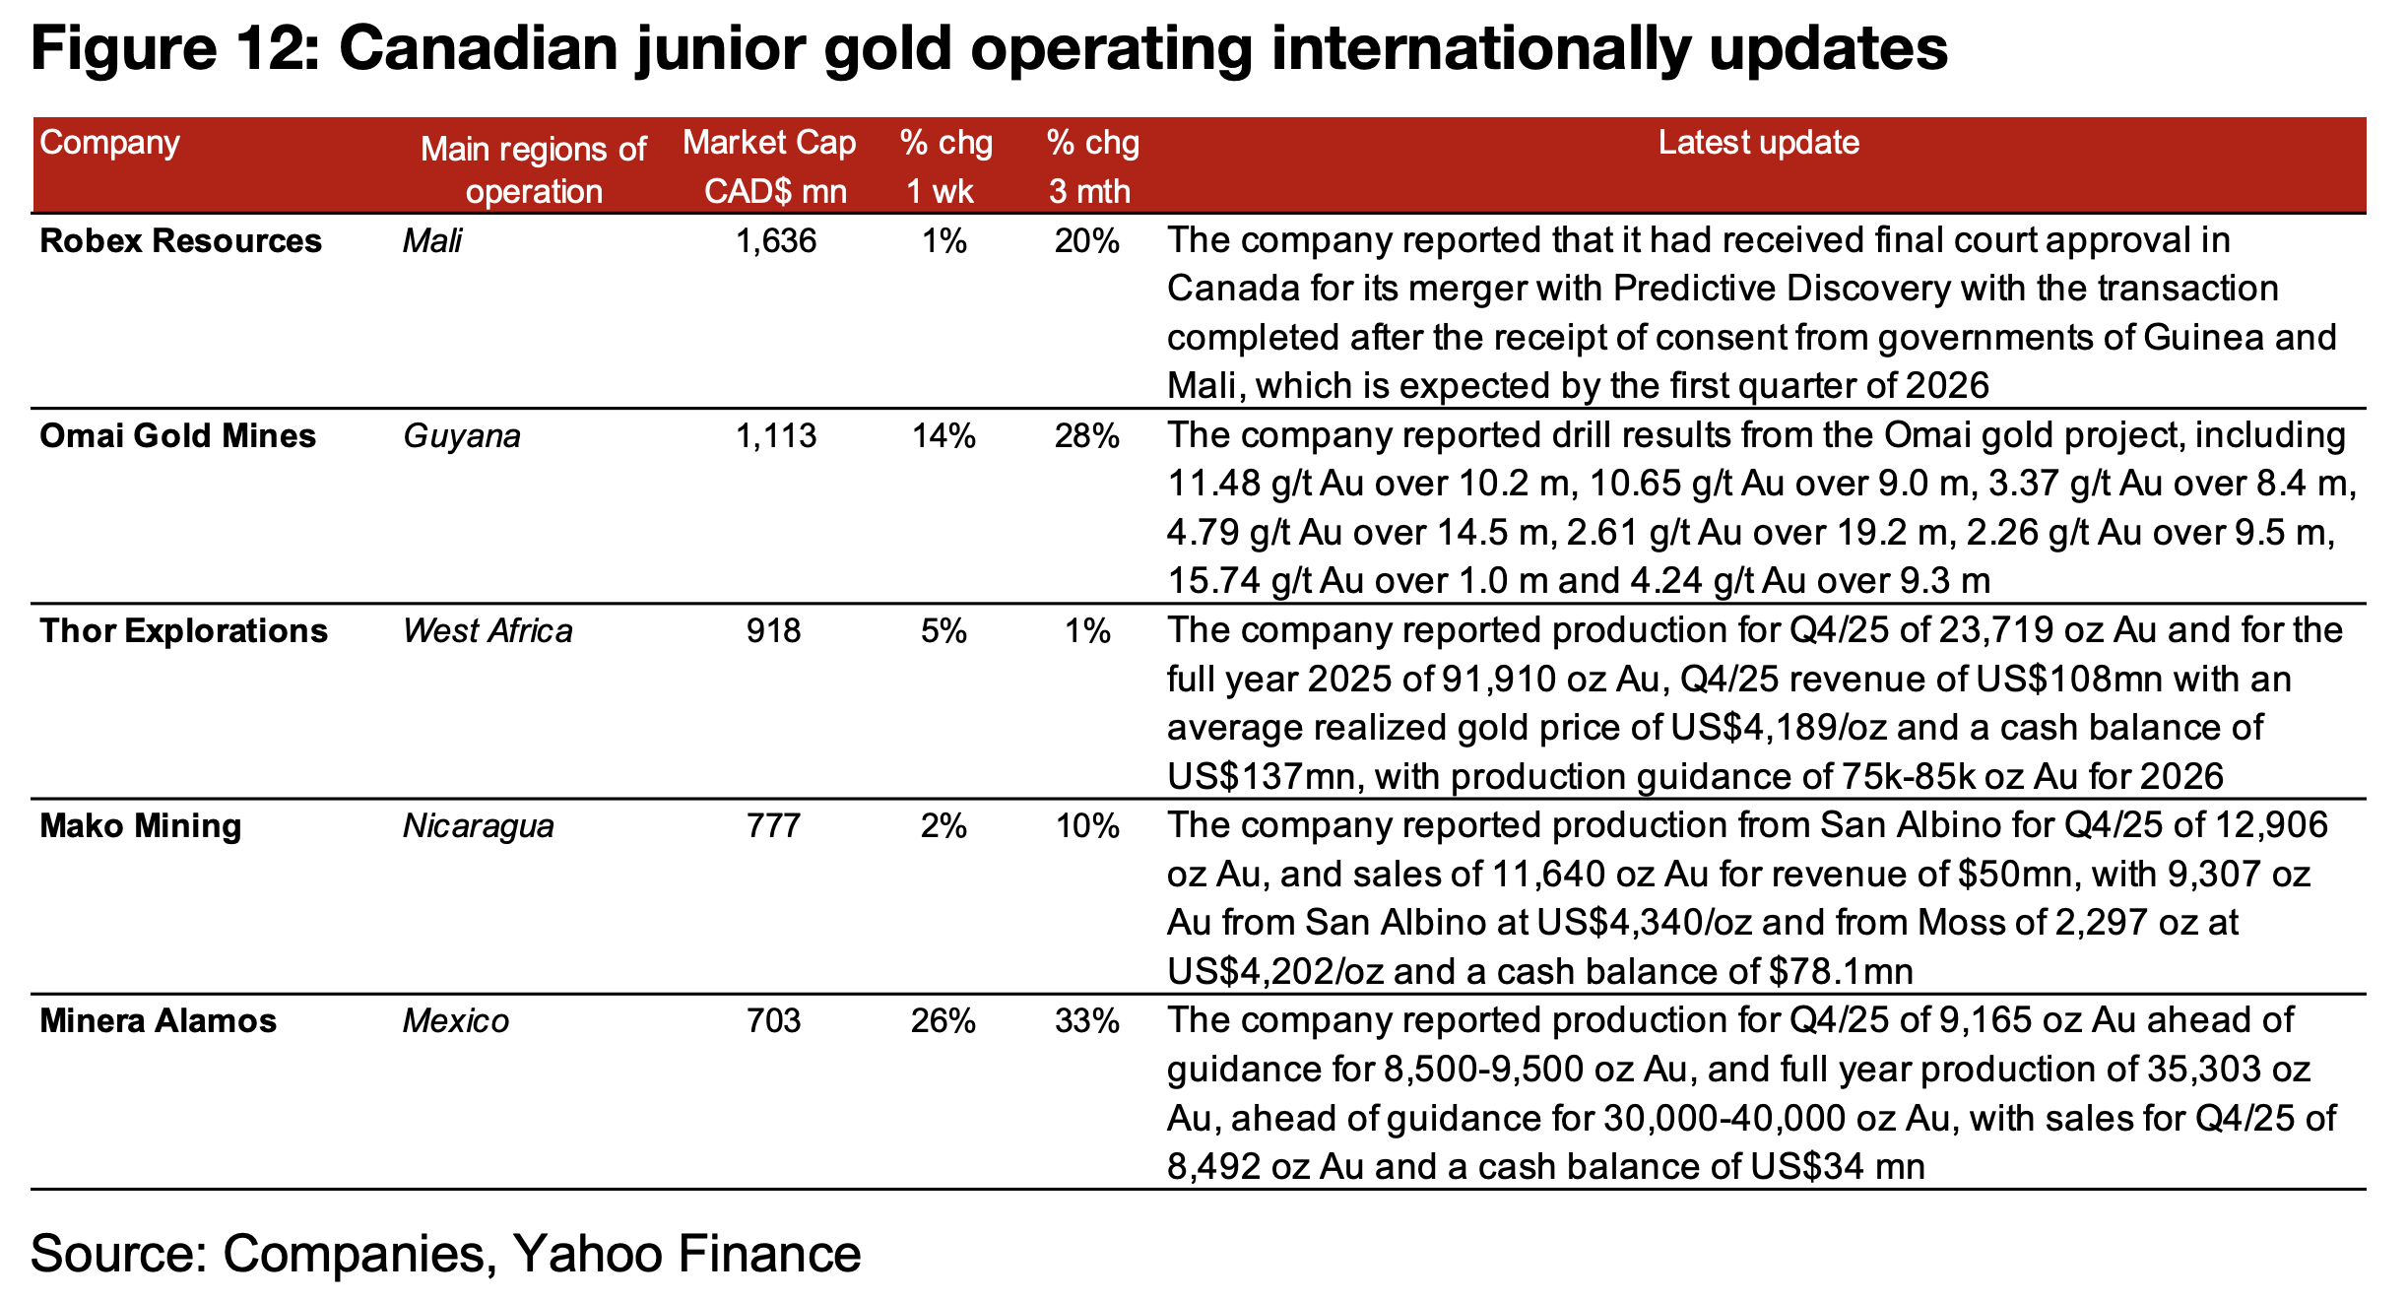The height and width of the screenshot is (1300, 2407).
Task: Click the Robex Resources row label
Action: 180,241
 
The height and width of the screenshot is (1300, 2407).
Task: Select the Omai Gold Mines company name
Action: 177,436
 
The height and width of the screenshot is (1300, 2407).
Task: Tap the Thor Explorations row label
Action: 183,631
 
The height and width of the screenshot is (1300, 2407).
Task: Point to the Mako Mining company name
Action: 140,826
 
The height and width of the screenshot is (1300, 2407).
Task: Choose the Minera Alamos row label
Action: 158,1021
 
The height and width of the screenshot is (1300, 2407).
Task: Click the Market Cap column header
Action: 770,165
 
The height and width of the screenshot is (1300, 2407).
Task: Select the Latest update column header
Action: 1758,143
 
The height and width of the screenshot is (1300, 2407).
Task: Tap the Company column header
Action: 109,143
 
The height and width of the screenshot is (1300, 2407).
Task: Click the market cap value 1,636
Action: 776,241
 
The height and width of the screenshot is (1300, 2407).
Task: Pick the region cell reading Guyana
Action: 461,436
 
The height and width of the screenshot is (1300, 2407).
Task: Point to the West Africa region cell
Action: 488,631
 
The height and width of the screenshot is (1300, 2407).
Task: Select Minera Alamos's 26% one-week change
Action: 943,1021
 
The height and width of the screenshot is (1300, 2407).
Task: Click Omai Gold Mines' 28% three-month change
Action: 1086,436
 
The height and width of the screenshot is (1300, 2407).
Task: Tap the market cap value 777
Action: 773,826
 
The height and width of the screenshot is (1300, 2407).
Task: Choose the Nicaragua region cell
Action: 478,826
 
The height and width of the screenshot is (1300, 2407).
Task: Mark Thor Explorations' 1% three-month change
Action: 1087,631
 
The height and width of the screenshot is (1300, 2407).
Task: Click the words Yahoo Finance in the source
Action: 686,1254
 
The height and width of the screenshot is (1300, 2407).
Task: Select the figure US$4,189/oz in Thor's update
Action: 1779,728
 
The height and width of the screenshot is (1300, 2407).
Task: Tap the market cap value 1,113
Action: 776,436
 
